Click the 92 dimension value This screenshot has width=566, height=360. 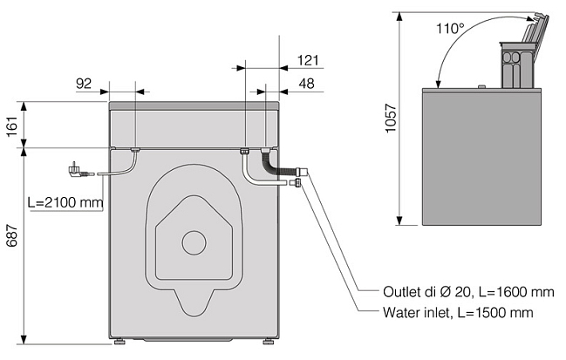pos(84,83)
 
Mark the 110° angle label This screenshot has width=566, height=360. pos(451,28)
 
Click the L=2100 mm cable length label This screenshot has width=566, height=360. pos(65,202)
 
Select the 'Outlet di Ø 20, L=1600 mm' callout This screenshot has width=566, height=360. pos(468,291)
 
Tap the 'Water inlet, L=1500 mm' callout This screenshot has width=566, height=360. pos(457,312)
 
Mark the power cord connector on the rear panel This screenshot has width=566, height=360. pos(134,151)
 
